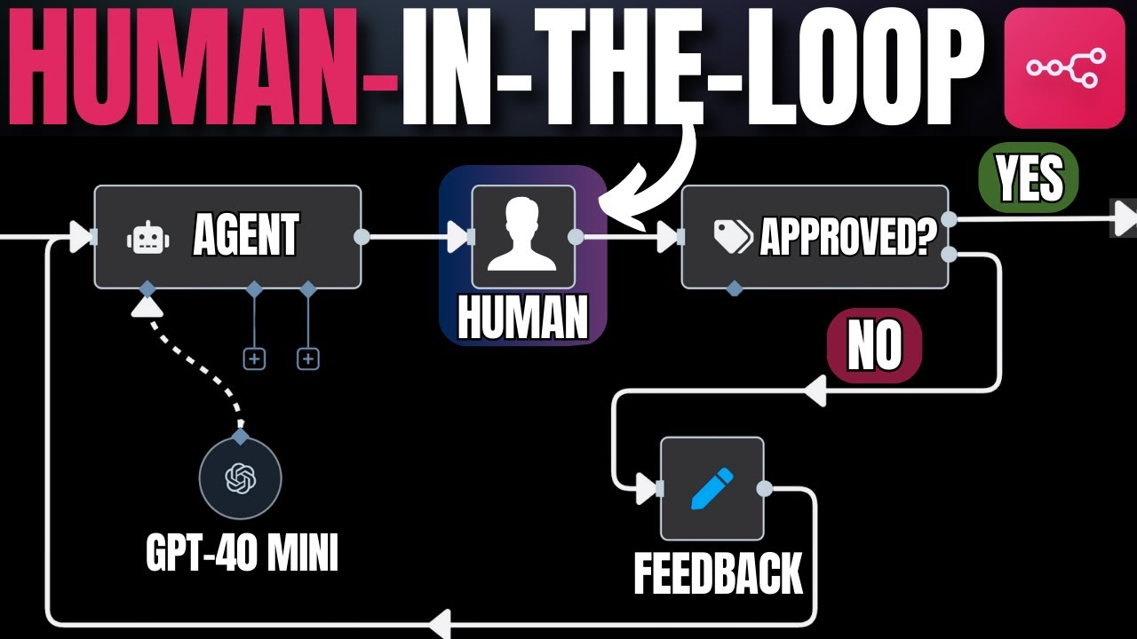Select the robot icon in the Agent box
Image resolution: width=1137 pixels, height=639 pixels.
pyautogui.click(x=147, y=238)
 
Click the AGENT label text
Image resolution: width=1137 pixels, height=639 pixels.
pyautogui.click(x=246, y=237)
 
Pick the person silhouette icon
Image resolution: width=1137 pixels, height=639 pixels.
pyautogui.click(x=522, y=236)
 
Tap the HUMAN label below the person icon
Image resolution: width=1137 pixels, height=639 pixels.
pyautogui.click(x=522, y=318)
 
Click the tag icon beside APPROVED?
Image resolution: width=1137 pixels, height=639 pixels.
pyautogui.click(x=733, y=237)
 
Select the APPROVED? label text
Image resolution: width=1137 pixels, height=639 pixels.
pyautogui.click(x=849, y=238)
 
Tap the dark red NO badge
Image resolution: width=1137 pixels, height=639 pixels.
pyautogui.click(x=875, y=345)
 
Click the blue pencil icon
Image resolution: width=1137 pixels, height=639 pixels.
pyautogui.click(x=712, y=488)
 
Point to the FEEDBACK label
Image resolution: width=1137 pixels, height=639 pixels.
pyautogui.click(x=718, y=573)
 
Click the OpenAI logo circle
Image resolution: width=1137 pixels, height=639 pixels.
pyautogui.click(x=240, y=479)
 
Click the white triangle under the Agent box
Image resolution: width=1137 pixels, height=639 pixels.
pyautogui.click(x=147, y=306)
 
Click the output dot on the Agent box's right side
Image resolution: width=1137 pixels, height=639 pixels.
pyautogui.click(x=362, y=237)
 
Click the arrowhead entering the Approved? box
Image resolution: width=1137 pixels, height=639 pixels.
pyautogui.click(x=668, y=237)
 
